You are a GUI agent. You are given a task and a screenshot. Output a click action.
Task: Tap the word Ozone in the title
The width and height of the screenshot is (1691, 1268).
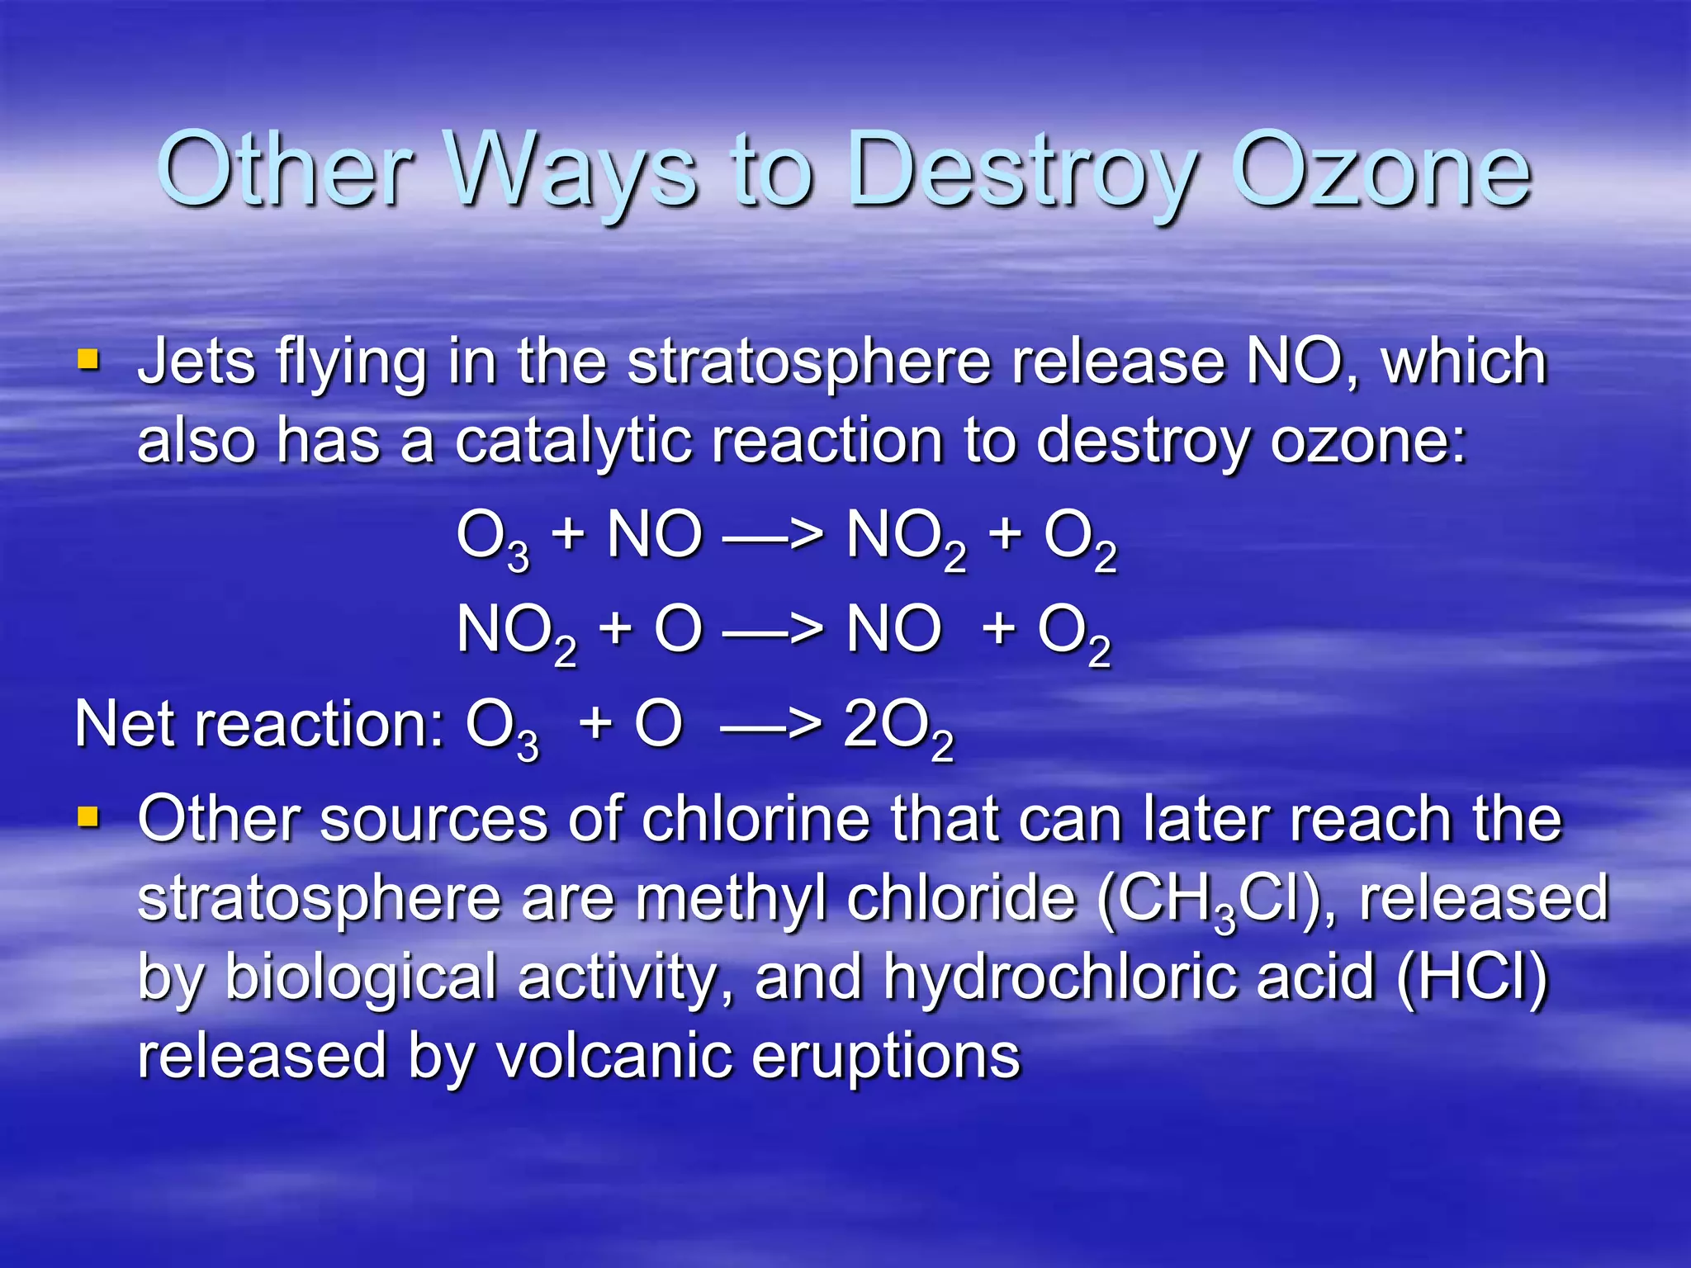1381,172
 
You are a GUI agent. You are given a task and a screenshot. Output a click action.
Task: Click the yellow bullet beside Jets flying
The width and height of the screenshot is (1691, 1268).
88,360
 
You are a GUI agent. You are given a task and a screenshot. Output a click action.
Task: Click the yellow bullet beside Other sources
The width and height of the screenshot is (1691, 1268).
88,817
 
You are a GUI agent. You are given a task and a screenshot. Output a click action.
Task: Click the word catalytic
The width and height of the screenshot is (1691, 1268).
573,441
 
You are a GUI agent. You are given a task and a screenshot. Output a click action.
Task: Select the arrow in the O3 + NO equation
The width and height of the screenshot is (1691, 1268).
773,537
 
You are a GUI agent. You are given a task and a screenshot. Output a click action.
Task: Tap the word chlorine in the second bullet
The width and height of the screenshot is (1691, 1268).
756,819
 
